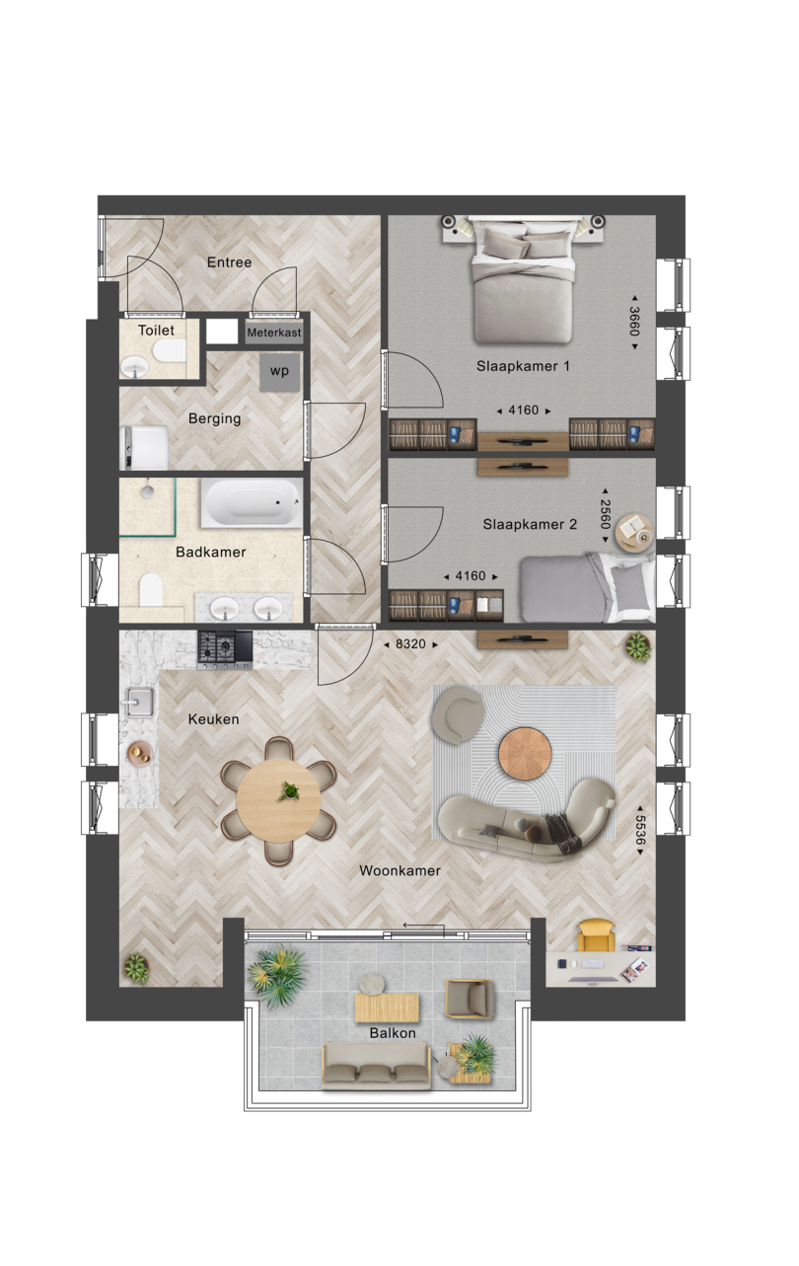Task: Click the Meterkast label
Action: [274, 333]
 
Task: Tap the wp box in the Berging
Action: [280, 371]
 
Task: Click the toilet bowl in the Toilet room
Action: [169, 351]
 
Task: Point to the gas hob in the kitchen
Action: [225, 649]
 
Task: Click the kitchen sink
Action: [139, 702]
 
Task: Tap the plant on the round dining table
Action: [290, 790]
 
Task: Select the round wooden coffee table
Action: [525, 753]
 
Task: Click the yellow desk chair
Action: [596, 935]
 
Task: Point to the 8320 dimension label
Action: [410, 643]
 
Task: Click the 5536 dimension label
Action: [640, 830]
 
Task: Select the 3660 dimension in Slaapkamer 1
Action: [634, 322]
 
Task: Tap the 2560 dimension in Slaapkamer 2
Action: [606, 514]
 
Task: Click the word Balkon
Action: [393, 1032]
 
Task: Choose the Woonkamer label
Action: [400, 870]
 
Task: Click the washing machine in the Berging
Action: [144, 447]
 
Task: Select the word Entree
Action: [230, 262]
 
